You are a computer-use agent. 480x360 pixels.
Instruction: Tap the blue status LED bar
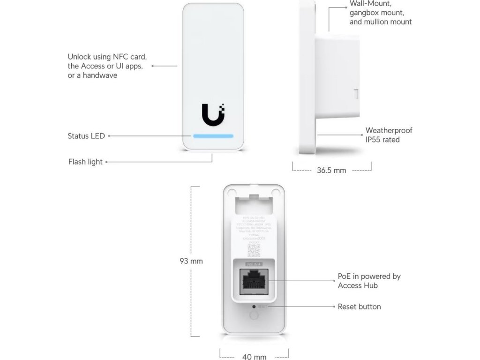pos(212,136)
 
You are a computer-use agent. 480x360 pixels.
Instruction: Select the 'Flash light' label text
pos(85,162)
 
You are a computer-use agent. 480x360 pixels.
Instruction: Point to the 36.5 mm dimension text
pos(331,170)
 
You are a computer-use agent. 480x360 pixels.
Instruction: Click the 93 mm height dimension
pos(191,261)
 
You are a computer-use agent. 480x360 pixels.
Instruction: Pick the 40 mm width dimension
pos(254,357)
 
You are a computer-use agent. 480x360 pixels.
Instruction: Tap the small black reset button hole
pos(254,306)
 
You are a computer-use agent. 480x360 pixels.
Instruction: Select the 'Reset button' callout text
pos(359,307)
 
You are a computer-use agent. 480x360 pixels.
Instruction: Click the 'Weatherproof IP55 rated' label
pos(389,135)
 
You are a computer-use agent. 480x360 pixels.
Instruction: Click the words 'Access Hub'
pos(357,285)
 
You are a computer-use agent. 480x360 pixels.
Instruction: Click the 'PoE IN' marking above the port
pos(254,264)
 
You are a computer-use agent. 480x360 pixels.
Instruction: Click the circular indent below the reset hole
pos(254,315)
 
